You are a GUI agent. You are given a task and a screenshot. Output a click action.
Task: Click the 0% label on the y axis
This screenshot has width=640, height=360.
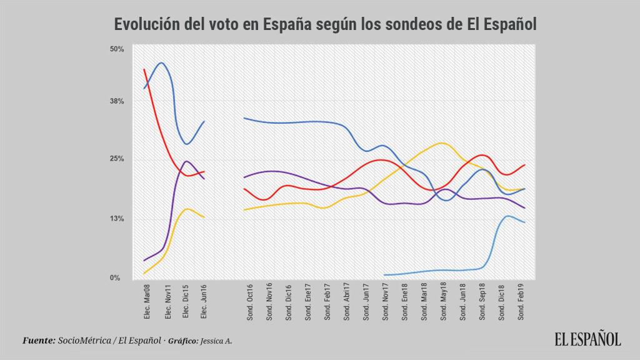click(116, 277)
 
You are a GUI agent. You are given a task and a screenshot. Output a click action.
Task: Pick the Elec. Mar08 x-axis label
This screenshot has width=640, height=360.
click(146, 303)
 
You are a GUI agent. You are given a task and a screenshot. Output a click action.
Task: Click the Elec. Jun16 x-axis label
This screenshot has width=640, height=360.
click(204, 303)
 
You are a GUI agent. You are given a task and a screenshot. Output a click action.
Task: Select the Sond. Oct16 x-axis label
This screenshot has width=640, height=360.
click(249, 303)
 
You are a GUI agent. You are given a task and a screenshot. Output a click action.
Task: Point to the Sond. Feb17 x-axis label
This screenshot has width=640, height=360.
click(326, 303)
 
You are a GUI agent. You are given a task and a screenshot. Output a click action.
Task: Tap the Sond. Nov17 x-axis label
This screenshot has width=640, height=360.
click(384, 303)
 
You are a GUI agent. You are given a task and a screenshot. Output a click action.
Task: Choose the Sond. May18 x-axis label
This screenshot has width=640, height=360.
click(442, 303)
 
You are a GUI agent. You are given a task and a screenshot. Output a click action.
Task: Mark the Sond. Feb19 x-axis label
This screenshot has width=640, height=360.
click(521, 303)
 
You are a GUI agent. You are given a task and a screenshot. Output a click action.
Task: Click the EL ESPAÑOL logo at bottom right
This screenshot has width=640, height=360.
click(587, 339)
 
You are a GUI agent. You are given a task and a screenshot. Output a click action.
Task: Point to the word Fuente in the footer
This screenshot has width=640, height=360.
click(38, 341)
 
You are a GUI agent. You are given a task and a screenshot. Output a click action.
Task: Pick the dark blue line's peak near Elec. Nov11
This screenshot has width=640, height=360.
click(162, 62)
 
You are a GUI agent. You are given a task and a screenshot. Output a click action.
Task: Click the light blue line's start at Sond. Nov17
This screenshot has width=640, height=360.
click(384, 275)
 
